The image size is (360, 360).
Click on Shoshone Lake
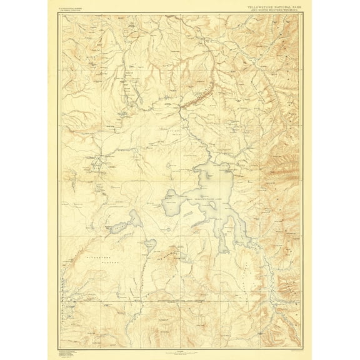coord(122,226)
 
